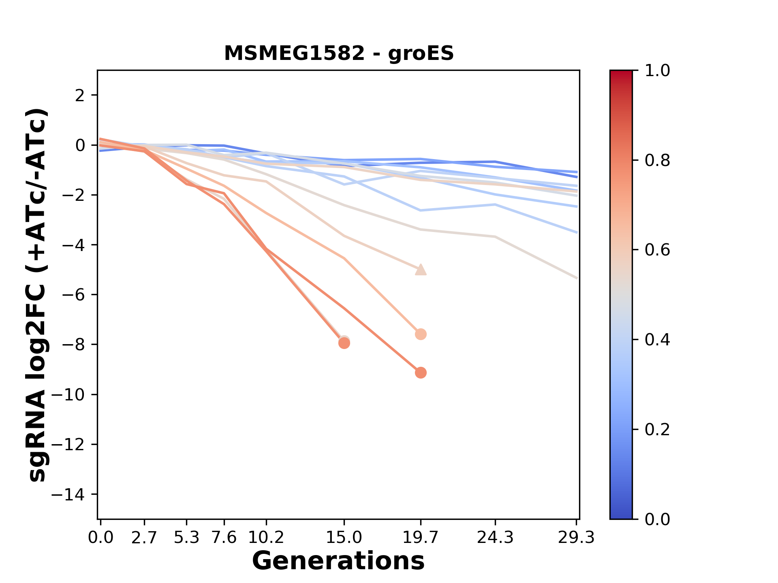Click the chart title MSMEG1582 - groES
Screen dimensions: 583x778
pos(339,53)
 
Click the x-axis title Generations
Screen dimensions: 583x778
pos(338,561)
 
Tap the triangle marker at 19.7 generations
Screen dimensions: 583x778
pos(421,270)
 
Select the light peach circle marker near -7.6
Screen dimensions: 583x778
pos(421,334)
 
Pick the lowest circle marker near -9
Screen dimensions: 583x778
pos(421,373)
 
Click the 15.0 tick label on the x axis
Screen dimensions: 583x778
pos(344,538)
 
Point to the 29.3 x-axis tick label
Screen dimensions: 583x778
pos(576,538)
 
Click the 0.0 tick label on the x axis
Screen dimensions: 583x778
pos(101,538)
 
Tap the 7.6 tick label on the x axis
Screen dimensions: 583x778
pos(224,538)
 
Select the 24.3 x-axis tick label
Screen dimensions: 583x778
pos(495,538)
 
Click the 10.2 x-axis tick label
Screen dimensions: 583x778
pos(266,538)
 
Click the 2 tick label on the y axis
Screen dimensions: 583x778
pos(80,96)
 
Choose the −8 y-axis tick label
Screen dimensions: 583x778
pos(73,345)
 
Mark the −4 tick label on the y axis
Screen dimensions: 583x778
pos(73,245)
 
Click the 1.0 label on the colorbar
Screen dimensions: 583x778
pos(657,71)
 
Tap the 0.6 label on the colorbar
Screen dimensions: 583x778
pos(657,250)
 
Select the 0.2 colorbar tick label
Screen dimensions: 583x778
pos(657,430)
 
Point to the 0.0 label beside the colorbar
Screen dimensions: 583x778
pos(657,519)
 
